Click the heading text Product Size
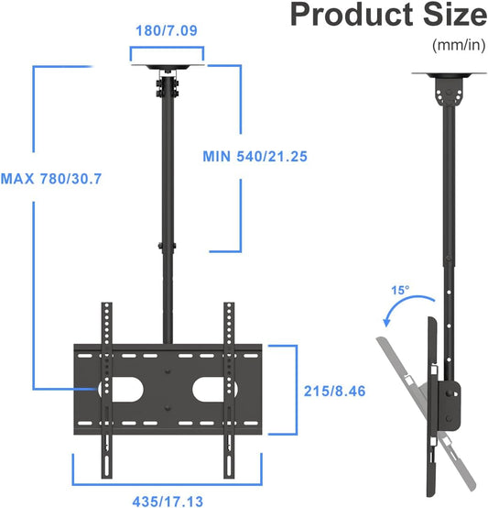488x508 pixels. pyautogui.click(x=388, y=17)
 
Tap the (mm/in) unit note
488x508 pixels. pyautogui.click(x=459, y=44)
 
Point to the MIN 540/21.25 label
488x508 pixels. pyautogui.click(x=255, y=156)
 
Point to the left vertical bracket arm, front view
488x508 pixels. pyautogui.click(x=107, y=385)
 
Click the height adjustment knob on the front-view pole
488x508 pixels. pyautogui.click(x=160, y=246)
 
